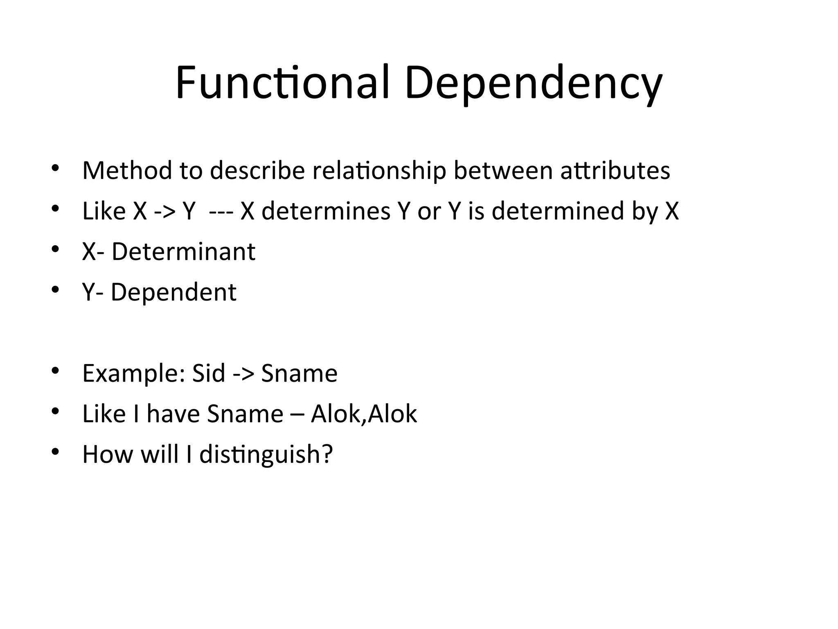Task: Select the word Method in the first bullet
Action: [127, 170]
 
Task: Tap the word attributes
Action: [615, 170]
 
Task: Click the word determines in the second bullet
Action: [326, 211]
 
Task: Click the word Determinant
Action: [183, 251]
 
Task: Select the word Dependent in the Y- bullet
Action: [173, 292]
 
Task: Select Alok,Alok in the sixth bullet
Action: [364, 414]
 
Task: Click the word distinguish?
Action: [266, 455]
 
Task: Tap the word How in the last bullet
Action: [108, 454]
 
